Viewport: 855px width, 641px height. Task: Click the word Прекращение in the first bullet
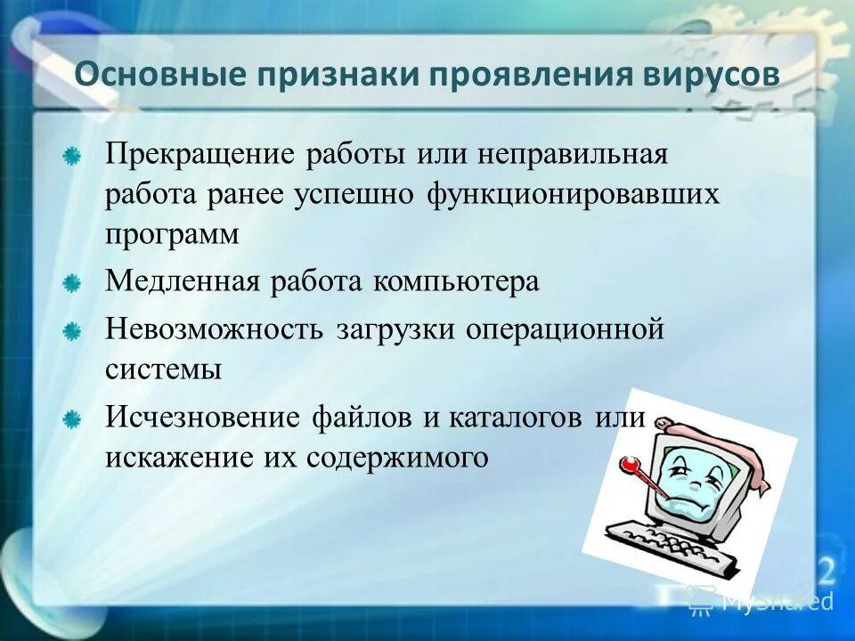pos(201,152)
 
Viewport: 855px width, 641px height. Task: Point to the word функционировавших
pos(573,193)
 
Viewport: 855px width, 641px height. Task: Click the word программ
pos(173,235)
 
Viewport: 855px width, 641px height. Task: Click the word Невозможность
pos(215,329)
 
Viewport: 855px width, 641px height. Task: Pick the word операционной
pos(563,329)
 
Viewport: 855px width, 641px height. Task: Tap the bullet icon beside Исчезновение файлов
pos(72,418)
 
